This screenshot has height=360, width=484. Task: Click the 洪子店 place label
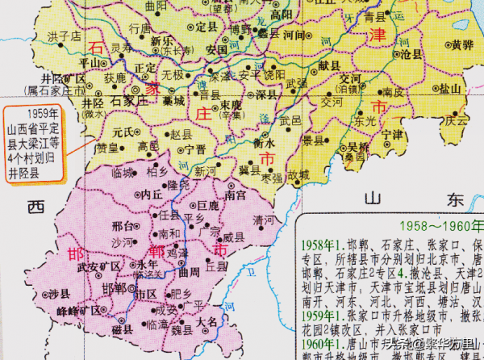[x=65, y=36]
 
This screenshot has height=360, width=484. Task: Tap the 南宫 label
[x=235, y=195]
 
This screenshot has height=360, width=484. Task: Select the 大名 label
[x=207, y=321]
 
